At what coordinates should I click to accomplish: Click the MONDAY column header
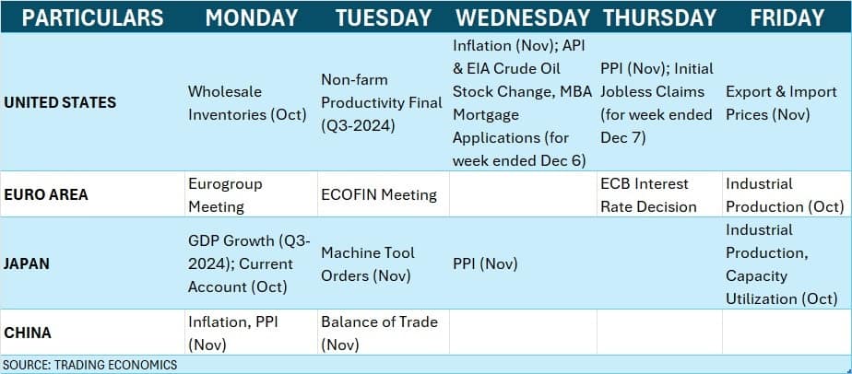[251, 18]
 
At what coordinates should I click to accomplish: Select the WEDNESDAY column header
[523, 18]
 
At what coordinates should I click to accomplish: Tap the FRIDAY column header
[787, 18]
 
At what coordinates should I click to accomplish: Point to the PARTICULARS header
[92, 18]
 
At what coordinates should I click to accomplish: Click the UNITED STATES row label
[60, 102]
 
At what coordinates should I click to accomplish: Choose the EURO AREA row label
[46, 195]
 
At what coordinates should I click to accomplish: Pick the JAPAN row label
[27, 263]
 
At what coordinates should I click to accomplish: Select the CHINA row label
[28, 333]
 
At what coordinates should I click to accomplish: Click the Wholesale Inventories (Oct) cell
[247, 103]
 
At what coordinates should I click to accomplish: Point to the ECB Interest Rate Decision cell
[648, 195]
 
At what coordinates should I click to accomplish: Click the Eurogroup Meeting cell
[225, 195]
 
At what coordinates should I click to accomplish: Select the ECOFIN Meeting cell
[379, 195]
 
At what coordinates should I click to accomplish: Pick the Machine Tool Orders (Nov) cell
[368, 263]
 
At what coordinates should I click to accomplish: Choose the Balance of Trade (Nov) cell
[379, 333]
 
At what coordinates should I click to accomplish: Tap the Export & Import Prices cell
[781, 103]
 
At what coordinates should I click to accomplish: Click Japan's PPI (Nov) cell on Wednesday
[485, 264]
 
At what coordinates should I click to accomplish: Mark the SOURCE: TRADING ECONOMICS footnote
[90, 365]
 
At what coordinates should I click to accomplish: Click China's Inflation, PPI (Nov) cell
[233, 333]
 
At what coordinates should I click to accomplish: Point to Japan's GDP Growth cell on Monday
[249, 263]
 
